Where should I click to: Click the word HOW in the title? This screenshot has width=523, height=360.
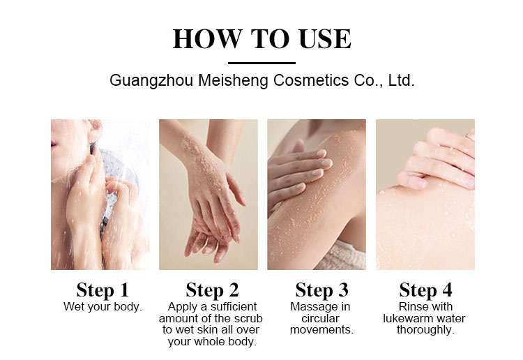(208, 38)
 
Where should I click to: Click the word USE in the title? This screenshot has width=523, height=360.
(325, 38)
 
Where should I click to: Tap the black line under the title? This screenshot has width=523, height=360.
(261, 63)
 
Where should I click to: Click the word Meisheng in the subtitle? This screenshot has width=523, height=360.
(233, 81)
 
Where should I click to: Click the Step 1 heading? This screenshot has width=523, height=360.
(103, 290)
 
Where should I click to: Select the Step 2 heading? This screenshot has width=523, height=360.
(213, 290)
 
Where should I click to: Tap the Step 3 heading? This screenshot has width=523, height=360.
(322, 290)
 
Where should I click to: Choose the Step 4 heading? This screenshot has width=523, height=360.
(425, 290)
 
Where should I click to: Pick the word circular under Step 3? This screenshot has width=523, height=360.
(320, 318)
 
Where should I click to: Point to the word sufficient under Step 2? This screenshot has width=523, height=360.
(234, 306)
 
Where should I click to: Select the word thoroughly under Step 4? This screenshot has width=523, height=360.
(425, 330)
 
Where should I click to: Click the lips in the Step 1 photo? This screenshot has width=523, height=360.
(54, 144)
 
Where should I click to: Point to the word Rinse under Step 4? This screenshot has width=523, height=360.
(409, 306)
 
